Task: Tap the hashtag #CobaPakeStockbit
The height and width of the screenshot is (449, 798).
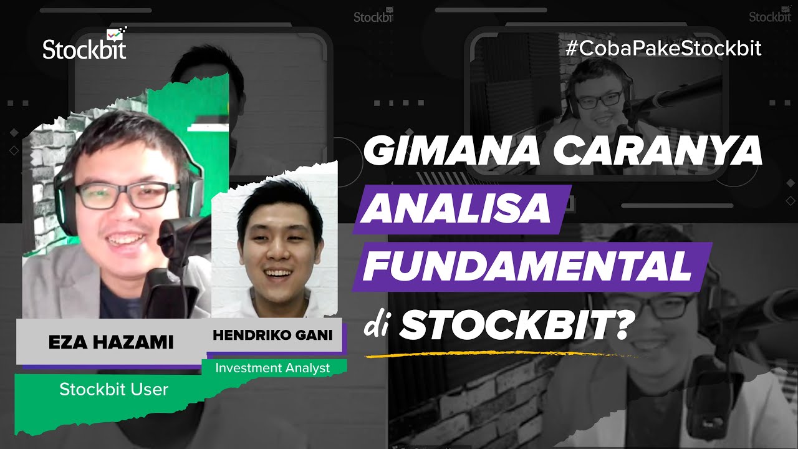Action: click(x=663, y=49)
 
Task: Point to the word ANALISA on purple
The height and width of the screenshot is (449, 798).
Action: click(x=458, y=210)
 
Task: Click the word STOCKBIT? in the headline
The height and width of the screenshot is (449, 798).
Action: click(x=512, y=326)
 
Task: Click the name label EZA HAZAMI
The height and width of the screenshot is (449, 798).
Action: click(x=111, y=342)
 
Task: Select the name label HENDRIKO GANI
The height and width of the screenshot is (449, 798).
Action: click(x=272, y=335)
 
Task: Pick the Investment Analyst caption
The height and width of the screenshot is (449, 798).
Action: click(x=272, y=368)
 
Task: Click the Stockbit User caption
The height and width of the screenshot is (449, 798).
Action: click(x=113, y=390)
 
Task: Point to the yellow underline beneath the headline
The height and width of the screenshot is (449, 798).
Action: click(x=499, y=355)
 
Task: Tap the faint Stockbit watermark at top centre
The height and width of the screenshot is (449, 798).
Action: click(x=373, y=16)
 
